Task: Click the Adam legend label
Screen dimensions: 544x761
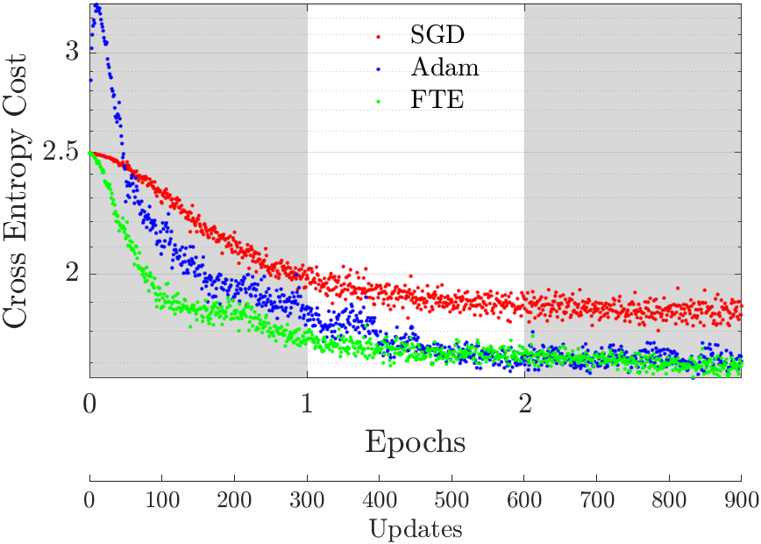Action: click(445, 69)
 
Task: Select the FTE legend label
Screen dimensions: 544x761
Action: click(437, 101)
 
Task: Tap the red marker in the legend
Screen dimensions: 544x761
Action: click(378, 38)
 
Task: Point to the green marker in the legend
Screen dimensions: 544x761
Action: click(378, 102)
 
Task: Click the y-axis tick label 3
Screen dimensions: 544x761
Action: click(71, 52)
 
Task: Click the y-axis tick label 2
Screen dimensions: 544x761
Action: click(71, 274)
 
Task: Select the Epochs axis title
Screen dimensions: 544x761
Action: click(415, 441)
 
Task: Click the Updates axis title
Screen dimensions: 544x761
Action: click(415, 530)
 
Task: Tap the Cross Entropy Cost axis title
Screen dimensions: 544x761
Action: click(20, 190)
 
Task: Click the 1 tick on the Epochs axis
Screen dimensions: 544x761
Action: click(307, 405)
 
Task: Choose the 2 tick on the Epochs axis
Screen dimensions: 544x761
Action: click(524, 405)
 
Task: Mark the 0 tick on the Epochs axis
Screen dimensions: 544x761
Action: click(89, 405)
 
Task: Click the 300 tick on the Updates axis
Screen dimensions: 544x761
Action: click(307, 500)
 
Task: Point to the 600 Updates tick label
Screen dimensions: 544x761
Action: click(524, 500)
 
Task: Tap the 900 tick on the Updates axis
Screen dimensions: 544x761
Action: click(741, 500)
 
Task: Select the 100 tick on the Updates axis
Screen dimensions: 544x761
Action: click(162, 500)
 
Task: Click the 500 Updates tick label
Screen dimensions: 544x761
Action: click(452, 500)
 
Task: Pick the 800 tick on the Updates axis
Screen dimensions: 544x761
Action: click(669, 500)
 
